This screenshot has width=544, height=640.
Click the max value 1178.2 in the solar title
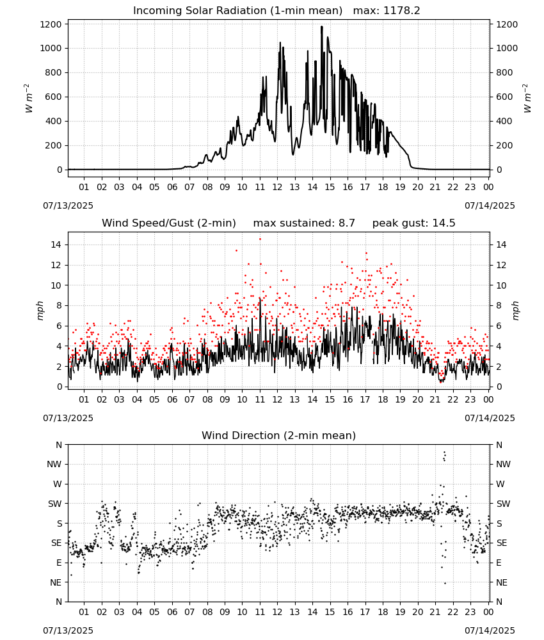point(401,11)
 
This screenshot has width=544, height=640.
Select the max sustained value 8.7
point(346,223)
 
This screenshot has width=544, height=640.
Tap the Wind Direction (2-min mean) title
point(279,435)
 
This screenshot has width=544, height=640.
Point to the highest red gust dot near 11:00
point(260,239)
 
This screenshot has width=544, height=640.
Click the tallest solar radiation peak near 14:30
point(321,27)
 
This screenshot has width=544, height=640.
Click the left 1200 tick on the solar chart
point(51,24)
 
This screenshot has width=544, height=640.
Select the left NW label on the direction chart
point(54,464)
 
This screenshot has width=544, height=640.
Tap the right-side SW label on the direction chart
point(503,504)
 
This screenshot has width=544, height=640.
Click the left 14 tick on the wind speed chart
point(56,244)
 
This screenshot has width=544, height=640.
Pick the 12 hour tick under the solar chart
point(277,187)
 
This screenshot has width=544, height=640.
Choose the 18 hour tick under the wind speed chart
point(383,399)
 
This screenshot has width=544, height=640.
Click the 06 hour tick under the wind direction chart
point(172,612)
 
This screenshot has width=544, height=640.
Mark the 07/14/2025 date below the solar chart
point(490,205)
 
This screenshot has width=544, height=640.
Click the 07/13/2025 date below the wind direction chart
point(68,630)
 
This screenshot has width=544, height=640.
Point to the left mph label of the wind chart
point(40,310)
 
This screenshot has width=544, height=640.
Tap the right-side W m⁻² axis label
point(527,98)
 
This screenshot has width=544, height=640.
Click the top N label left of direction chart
point(59,445)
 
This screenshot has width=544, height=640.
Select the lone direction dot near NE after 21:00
point(445,583)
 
